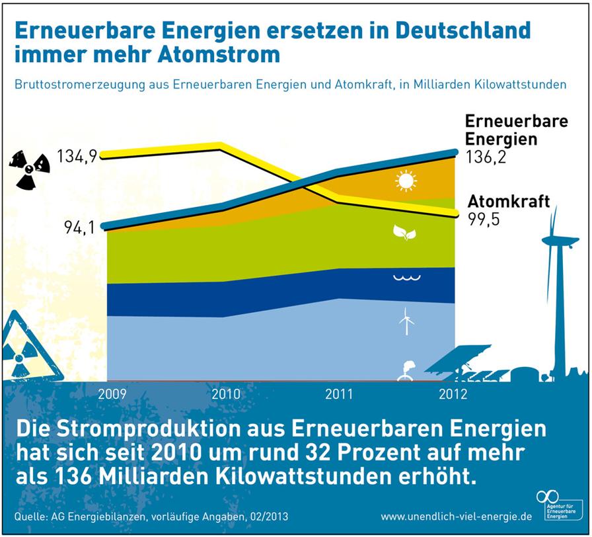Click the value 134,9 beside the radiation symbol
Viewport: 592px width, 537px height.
(x=77, y=156)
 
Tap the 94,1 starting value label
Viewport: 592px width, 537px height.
(x=79, y=227)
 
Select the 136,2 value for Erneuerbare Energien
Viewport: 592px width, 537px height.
(x=486, y=157)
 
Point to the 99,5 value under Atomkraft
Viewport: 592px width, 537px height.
(x=484, y=219)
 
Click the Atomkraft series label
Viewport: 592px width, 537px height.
(x=509, y=202)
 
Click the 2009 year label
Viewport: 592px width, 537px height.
(x=112, y=394)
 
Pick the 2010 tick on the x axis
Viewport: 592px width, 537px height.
(x=226, y=394)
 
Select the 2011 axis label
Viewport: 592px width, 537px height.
(x=339, y=394)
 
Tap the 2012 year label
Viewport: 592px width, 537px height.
(x=453, y=394)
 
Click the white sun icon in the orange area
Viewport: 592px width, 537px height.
(x=406, y=181)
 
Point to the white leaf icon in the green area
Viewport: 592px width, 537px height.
(x=405, y=232)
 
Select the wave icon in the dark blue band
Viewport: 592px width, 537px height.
(x=407, y=278)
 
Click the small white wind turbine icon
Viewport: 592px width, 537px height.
(x=406, y=321)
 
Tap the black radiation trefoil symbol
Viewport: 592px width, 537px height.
(x=29, y=169)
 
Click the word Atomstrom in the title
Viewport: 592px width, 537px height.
(x=219, y=54)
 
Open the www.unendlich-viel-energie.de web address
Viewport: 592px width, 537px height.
(x=457, y=516)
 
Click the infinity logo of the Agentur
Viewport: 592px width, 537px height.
(x=548, y=497)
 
